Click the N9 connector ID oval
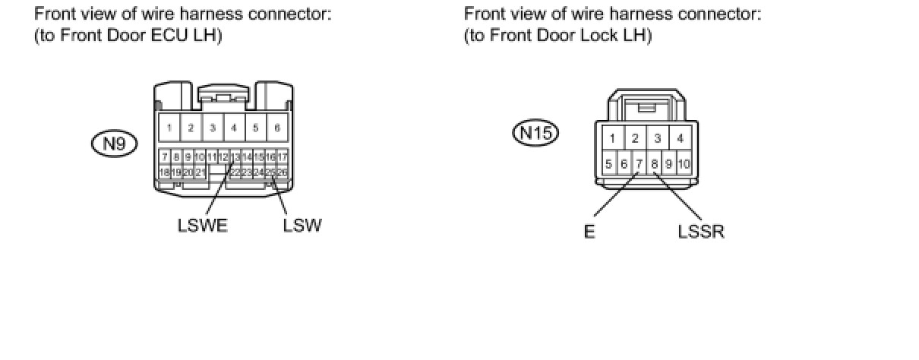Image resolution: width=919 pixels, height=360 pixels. [114, 144]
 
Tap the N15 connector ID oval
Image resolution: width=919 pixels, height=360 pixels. [535, 134]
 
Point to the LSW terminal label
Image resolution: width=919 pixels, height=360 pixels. [302, 226]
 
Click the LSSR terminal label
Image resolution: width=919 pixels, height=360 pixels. [701, 232]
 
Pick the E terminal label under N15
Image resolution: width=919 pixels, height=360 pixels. [589, 232]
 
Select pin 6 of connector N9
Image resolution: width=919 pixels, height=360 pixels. [277, 128]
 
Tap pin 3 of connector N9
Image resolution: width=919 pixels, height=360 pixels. [213, 128]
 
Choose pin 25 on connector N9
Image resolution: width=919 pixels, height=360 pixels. [270, 172]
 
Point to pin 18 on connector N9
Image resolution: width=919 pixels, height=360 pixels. [164, 172]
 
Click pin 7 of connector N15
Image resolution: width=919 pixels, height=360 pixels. [640, 163]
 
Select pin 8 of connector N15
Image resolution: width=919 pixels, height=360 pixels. [654, 163]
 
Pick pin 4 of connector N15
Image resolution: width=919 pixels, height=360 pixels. [681, 138]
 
